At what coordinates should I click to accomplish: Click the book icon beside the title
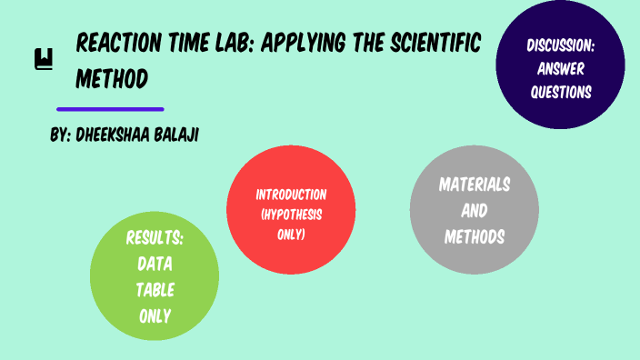[44, 60]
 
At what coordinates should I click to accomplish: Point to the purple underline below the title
[110, 109]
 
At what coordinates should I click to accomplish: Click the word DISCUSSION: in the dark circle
[560, 45]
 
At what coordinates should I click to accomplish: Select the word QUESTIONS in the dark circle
[561, 92]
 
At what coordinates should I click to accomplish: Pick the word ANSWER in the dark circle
[561, 68]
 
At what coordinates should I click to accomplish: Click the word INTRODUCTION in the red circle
[291, 195]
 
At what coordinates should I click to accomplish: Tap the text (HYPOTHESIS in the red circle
[291, 215]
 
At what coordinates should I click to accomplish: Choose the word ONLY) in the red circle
[291, 235]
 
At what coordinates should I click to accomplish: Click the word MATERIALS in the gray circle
[475, 185]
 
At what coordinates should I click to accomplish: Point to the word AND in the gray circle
[475, 211]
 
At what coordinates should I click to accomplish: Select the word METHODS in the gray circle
[475, 237]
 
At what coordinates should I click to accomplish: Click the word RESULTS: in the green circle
[155, 239]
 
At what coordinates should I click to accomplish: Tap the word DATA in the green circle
[155, 265]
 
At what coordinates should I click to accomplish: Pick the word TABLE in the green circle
[155, 291]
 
